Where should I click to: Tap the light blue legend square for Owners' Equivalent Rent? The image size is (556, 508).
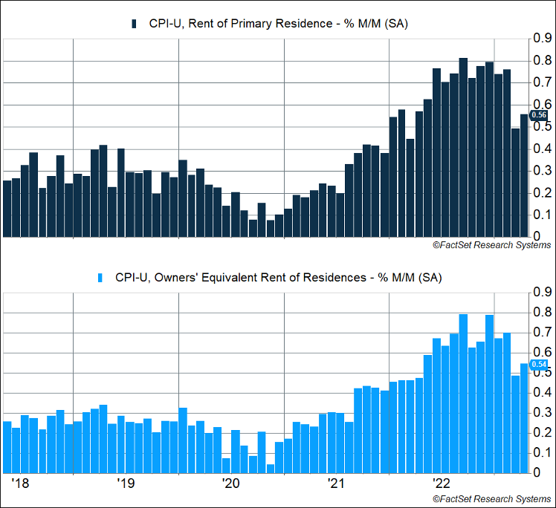click(102, 277)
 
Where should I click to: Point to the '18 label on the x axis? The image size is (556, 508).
click(20, 484)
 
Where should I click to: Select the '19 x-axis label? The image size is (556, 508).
click(126, 484)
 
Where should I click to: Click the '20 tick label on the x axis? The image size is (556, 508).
click(231, 484)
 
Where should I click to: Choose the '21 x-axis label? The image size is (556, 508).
click(337, 484)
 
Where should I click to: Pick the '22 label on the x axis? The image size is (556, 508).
click(442, 484)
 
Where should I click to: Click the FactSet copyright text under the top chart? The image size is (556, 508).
click(491, 245)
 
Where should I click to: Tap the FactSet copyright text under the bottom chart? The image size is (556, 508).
click(491, 498)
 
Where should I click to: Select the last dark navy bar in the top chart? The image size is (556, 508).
click(523, 176)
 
